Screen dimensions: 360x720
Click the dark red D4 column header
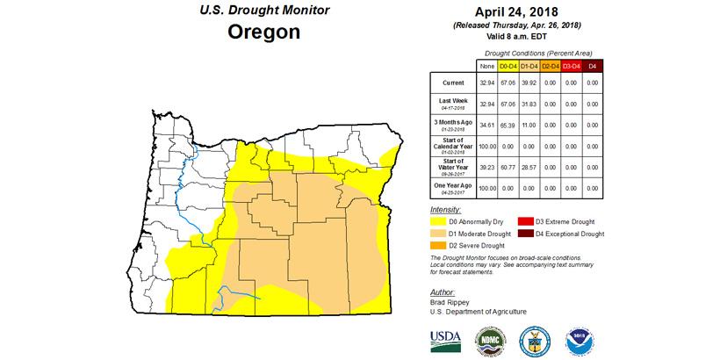[x=593, y=66]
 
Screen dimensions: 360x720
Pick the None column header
[x=486, y=66]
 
